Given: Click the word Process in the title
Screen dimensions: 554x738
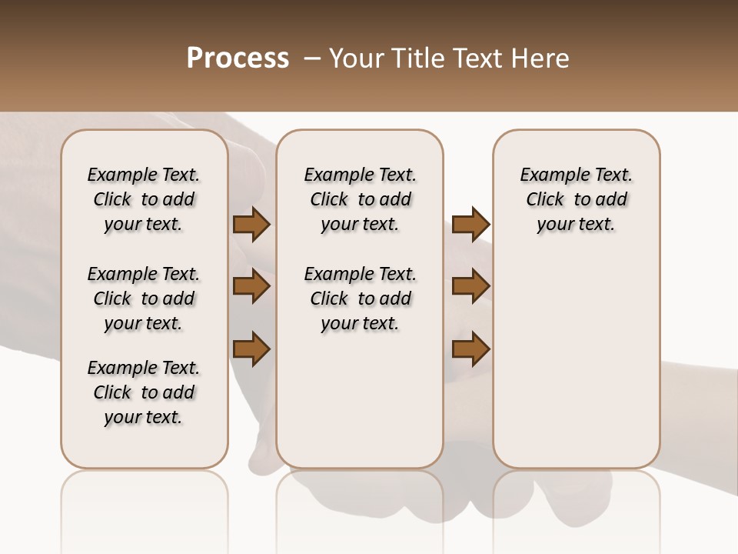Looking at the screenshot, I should tap(238, 58).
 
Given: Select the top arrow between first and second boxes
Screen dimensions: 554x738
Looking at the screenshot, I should tap(251, 225).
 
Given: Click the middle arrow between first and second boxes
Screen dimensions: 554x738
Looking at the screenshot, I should tap(251, 286).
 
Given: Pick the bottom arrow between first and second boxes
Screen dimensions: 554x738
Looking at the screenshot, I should tap(251, 349).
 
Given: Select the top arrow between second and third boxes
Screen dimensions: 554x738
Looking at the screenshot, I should tap(470, 225).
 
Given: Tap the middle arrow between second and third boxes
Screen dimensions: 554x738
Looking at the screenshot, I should tap(470, 286).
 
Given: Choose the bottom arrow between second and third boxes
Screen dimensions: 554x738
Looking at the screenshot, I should tap(470, 349).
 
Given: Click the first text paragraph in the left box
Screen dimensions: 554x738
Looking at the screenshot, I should tap(144, 199).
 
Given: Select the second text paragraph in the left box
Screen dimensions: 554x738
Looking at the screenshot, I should tap(144, 299).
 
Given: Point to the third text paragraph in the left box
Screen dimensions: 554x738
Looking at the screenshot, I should tap(144, 392).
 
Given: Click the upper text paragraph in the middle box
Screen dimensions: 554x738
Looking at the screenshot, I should tap(360, 199).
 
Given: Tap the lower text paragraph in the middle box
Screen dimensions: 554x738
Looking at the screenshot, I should tap(360, 299).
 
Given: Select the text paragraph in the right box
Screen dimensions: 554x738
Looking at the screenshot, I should tap(577, 199).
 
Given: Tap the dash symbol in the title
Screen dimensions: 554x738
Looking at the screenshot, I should tap(312, 58).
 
